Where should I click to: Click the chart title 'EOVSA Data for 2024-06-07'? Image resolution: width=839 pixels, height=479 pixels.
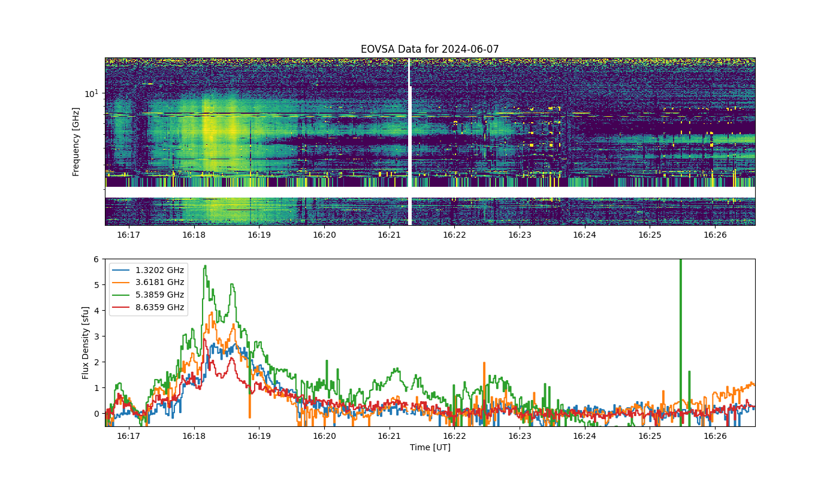click(x=430, y=49)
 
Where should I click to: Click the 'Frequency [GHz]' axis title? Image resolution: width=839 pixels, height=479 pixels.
click(x=76, y=142)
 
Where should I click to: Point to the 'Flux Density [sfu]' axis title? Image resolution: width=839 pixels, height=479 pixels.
click(x=85, y=342)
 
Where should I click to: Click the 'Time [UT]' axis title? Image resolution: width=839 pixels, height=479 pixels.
click(x=430, y=448)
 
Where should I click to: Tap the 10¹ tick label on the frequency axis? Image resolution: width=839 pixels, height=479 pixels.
click(x=91, y=93)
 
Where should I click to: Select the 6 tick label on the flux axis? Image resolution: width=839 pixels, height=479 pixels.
click(x=96, y=259)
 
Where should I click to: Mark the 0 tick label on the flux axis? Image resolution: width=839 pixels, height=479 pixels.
click(x=96, y=414)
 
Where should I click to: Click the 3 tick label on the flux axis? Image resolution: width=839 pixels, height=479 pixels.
click(x=96, y=336)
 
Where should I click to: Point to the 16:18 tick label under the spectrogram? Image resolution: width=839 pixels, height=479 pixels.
click(x=194, y=235)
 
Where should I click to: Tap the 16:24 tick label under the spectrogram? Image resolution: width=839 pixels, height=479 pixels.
click(x=585, y=235)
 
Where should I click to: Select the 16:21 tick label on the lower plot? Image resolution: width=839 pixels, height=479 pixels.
click(x=389, y=436)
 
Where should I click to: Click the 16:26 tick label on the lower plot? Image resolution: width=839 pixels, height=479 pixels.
click(x=715, y=436)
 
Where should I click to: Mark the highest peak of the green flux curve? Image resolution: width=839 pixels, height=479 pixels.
click(x=205, y=266)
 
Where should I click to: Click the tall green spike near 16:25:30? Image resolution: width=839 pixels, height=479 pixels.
click(x=681, y=342)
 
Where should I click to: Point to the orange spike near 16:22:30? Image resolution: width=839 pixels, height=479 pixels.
click(x=484, y=393)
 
